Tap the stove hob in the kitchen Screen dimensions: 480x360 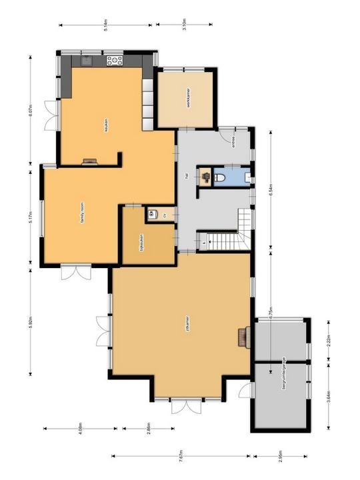[115, 61]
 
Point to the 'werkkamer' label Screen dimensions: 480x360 [189, 98]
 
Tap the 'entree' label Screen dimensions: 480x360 [233, 141]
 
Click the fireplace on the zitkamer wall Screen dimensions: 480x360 [243, 336]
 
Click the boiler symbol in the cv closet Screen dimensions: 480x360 [151, 214]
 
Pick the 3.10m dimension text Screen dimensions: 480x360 [184, 25]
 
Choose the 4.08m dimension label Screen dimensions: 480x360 [80, 428]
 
